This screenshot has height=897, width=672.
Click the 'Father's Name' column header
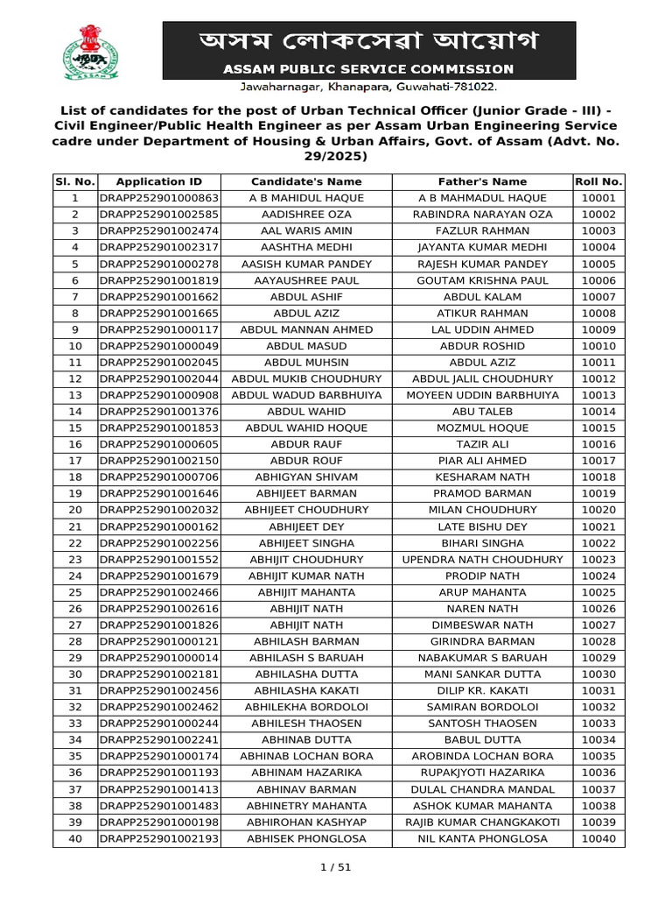click(x=482, y=181)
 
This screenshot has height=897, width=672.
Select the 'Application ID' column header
click(x=159, y=181)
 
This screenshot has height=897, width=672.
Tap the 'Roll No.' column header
click(x=598, y=181)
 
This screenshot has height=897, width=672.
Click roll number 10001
click(x=598, y=198)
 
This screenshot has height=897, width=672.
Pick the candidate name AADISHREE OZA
click(x=305, y=215)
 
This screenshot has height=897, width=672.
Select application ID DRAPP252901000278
click(x=159, y=264)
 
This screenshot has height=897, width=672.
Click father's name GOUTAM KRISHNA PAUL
click(x=482, y=280)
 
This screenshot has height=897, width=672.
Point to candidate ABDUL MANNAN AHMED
click(x=305, y=329)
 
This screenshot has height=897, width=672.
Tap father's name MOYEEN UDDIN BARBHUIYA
click(x=482, y=395)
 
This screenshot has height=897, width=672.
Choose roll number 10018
click(x=598, y=477)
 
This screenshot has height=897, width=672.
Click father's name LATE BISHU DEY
click(x=482, y=526)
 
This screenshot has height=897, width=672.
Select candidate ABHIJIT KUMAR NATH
click(x=305, y=576)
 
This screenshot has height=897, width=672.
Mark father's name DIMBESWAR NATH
click(x=482, y=625)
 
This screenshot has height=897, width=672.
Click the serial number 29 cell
click(x=75, y=658)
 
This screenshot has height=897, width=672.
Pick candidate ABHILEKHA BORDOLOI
click(x=305, y=707)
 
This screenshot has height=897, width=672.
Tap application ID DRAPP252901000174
click(x=159, y=756)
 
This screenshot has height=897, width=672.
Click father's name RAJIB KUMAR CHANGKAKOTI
click(x=482, y=822)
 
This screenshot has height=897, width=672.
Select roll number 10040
click(x=598, y=838)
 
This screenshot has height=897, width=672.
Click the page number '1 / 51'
click(x=336, y=867)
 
